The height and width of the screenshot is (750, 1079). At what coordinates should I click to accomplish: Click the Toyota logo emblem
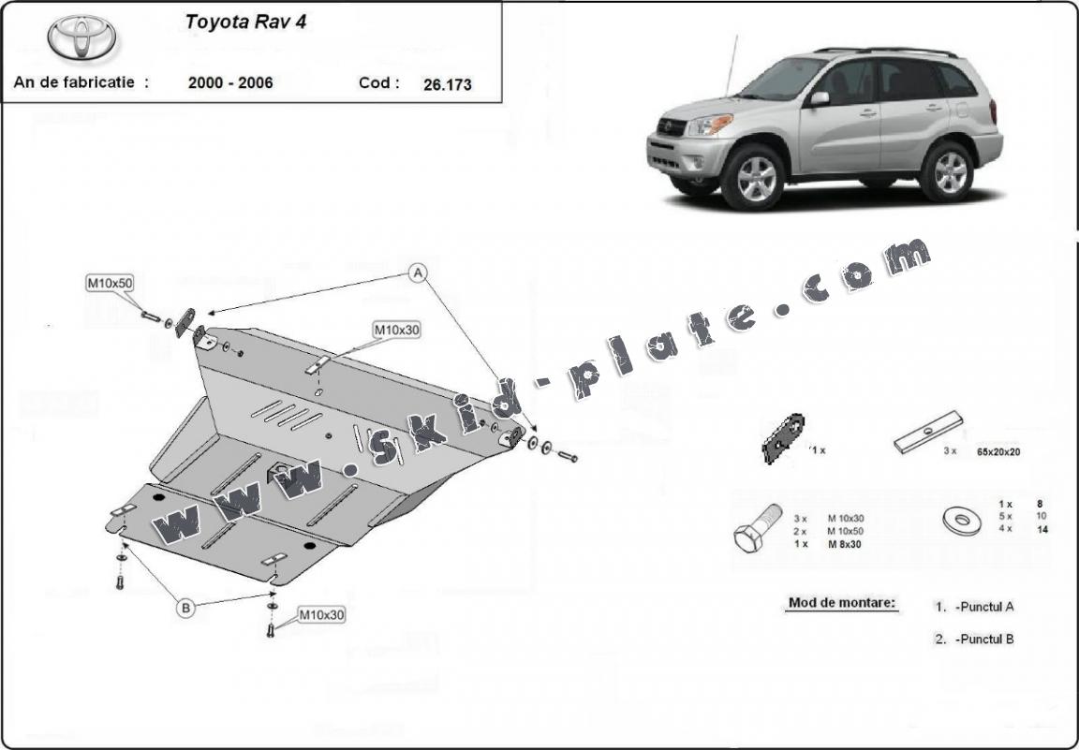(x=81, y=37)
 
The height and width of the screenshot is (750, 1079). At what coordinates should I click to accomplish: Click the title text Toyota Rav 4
(x=245, y=22)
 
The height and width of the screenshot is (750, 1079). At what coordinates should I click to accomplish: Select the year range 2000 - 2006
(x=230, y=82)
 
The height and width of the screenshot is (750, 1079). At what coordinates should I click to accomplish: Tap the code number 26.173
(x=448, y=84)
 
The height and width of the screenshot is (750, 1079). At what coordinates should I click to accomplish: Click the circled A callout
(x=417, y=273)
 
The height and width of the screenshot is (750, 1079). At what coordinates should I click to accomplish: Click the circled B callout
(x=185, y=608)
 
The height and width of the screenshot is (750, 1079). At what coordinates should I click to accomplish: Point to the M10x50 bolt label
(x=111, y=282)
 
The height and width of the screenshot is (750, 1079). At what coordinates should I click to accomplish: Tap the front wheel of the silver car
(x=753, y=178)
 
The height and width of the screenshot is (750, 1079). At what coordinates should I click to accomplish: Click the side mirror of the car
(x=819, y=98)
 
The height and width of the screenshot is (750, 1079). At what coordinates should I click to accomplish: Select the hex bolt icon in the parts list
(x=757, y=528)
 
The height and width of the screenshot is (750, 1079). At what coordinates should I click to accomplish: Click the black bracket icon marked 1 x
(x=783, y=438)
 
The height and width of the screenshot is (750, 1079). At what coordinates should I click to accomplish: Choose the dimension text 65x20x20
(x=998, y=452)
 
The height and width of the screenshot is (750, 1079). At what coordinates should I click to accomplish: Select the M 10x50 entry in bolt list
(x=846, y=531)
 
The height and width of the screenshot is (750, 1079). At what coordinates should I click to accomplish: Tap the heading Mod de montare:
(x=842, y=603)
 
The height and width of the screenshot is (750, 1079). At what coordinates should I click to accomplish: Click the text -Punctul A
(x=984, y=607)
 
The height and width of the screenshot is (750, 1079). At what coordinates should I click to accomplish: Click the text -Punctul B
(x=984, y=640)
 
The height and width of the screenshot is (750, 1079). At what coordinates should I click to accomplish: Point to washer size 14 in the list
(x=1042, y=529)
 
